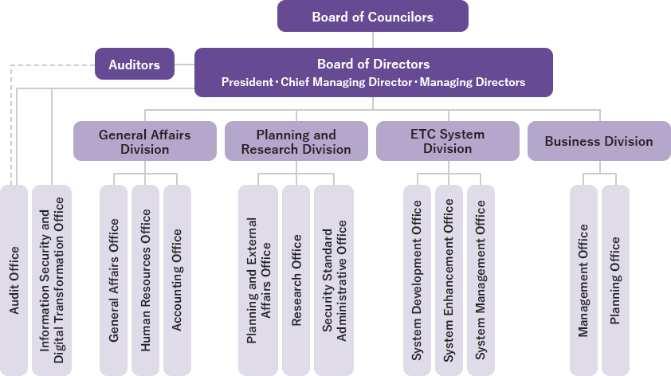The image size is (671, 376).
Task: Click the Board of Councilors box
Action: click(x=372, y=16)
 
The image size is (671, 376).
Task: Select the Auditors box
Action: click(x=134, y=65)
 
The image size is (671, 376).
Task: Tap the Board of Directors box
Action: click(x=373, y=72)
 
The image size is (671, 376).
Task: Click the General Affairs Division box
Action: click(x=144, y=142)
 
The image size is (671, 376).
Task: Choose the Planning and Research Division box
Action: click(x=296, y=142)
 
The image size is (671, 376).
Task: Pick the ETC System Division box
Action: click(x=447, y=142)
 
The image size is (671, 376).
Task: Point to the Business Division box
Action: click(x=598, y=142)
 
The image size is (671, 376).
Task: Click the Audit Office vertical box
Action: click(x=14, y=280)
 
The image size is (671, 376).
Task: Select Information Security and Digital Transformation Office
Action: click(x=51, y=280)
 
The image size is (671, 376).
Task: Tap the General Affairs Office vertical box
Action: click(x=114, y=280)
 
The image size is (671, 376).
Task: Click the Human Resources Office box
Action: click(x=145, y=280)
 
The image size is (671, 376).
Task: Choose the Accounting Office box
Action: click(x=177, y=280)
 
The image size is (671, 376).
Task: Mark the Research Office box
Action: click(x=296, y=280)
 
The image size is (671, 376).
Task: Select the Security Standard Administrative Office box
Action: click(x=334, y=280)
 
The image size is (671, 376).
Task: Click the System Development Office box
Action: click(x=417, y=280)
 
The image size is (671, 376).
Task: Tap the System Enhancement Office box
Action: click(x=449, y=280)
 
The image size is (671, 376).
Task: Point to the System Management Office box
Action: click(x=481, y=280)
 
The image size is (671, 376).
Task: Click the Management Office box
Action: click(x=583, y=280)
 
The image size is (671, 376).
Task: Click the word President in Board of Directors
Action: click(x=246, y=82)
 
